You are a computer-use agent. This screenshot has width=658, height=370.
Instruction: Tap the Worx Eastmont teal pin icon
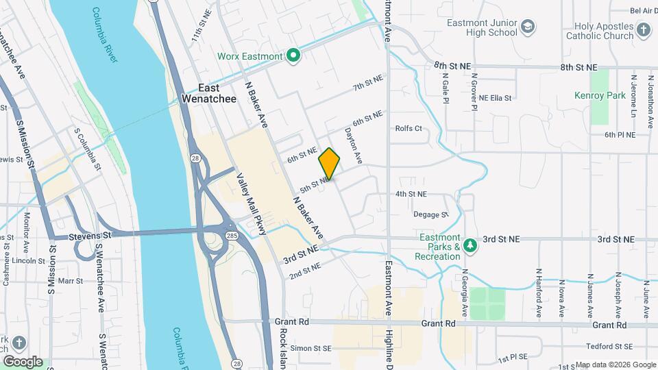pyautogui.click(x=294, y=56)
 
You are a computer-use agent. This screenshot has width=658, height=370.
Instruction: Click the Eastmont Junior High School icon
pyautogui.click(x=528, y=27)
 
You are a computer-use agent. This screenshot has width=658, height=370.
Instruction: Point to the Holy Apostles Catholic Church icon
pyautogui.click(x=643, y=29)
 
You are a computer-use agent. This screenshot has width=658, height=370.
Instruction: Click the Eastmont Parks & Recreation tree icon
pyautogui.click(x=470, y=245)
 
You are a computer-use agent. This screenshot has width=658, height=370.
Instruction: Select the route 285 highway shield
pyautogui.click(x=233, y=235)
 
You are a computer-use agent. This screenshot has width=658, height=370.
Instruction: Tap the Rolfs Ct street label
pyautogui.click(x=409, y=128)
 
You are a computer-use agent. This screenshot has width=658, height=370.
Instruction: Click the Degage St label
pyautogui.click(x=430, y=214)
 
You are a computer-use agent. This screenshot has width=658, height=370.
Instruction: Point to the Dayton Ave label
pyautogui.click(x=353, y=145)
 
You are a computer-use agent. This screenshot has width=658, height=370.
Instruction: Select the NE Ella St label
pyautogui.click(x=495, y=98)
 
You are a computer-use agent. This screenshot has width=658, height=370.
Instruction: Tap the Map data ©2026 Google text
pyautogui.click(x=615, y=365)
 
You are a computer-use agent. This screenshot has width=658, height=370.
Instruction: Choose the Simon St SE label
pyautogui.click(x=311, y=348)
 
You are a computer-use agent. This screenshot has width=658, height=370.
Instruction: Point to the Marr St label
pyautogui.click(x=70, y=281)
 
